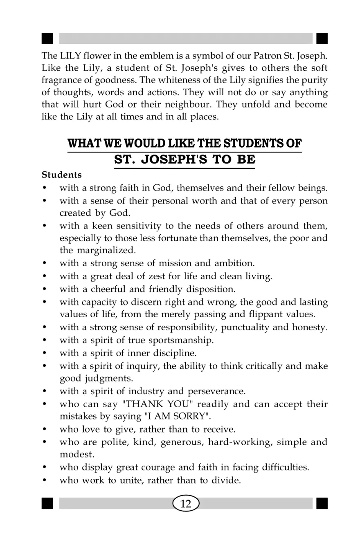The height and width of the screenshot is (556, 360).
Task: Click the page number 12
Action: click(186, 503)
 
